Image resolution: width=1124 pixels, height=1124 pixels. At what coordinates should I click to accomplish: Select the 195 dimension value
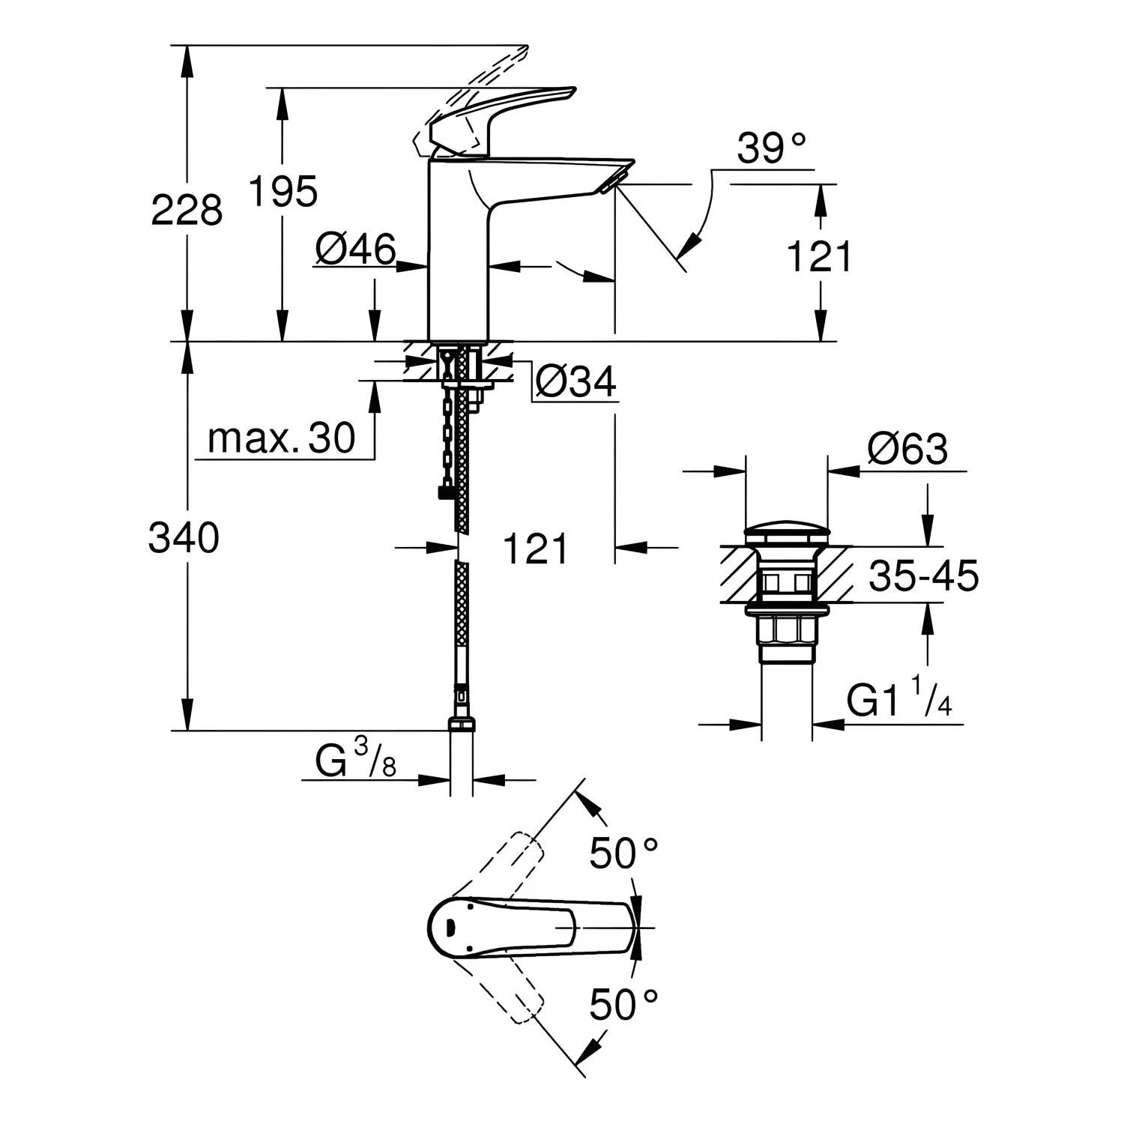click(282, 191)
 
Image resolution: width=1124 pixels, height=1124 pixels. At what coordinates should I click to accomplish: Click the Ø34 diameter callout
click(575, 382)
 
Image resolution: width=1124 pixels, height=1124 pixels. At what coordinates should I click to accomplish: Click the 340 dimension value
click(184, 537)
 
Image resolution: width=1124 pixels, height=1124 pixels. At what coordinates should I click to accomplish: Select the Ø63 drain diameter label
click(907, 449)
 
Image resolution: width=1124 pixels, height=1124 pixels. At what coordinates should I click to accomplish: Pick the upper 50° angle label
click(623, 854)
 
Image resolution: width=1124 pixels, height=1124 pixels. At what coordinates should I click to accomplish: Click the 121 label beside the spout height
click(819, 257)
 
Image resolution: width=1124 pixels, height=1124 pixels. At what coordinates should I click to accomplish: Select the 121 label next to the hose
click(535, 549)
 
